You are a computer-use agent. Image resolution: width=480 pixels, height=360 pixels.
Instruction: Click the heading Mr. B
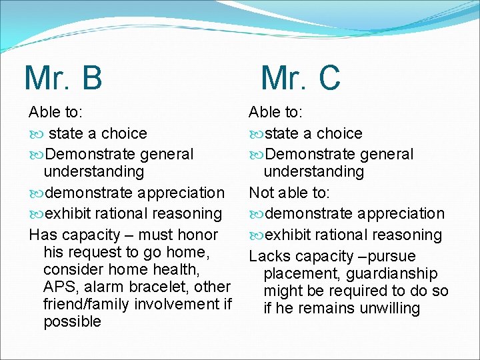coord(63,77)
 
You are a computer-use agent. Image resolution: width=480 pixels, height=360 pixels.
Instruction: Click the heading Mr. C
coord(301,77)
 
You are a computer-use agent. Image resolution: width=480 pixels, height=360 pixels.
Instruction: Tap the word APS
coord(59,287)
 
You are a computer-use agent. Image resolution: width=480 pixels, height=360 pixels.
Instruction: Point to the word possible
coord(72,321)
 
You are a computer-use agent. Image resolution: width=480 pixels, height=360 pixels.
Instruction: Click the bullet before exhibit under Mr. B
coord(36,214)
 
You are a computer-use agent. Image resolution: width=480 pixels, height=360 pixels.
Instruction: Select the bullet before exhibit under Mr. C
coord(256,235)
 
